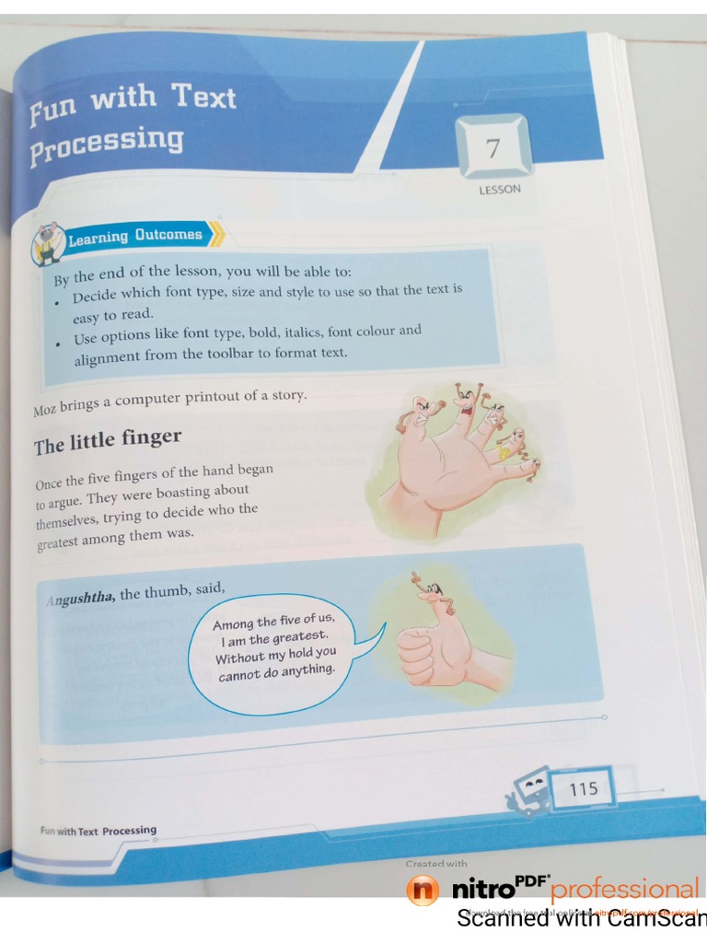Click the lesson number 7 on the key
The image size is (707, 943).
(x=493, y=148)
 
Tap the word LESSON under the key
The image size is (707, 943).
(x=499, y=190)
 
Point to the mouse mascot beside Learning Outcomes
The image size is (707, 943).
(x=45, y=242)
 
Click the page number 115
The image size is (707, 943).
(x=583, y=789)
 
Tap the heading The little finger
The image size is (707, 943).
(x=108, y=442)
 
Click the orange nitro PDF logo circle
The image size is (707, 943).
(x=423, y=891)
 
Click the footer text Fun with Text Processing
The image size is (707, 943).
(x=98, y=831)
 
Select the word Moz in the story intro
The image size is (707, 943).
(x=44, y=411)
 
